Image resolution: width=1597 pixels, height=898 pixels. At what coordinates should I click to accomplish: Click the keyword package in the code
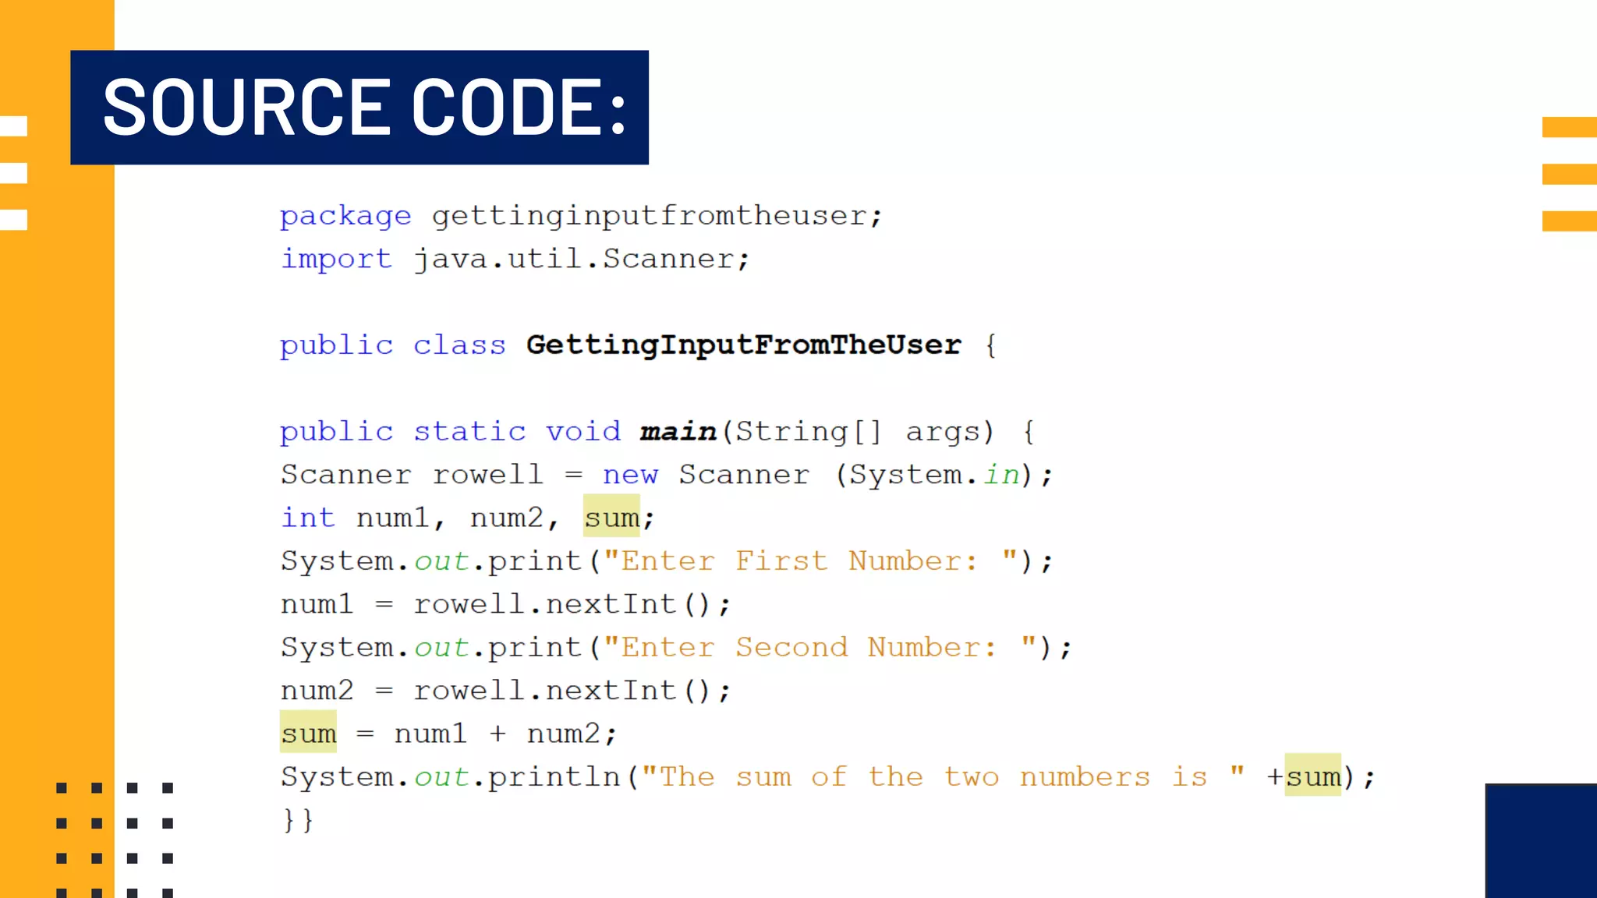[x=345, y=216]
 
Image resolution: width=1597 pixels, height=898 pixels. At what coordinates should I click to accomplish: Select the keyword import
[x=336, y=259]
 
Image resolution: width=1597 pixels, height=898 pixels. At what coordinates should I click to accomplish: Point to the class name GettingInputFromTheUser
[x=743, y=345]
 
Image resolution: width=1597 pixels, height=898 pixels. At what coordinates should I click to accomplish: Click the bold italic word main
[x=678, y=432]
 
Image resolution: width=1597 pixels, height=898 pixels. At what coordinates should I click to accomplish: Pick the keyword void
[x=583, y=432]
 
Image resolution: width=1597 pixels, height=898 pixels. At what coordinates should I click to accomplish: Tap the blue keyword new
[x=630, y=475]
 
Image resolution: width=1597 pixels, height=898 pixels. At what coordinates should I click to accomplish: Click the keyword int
[x=308, y=518]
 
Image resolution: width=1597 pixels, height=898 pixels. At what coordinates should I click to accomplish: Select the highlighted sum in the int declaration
[x=611, y=518]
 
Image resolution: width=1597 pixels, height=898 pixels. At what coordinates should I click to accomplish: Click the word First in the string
[x=781, y=561]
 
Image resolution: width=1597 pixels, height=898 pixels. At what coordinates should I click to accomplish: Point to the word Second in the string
[x=791, y=648]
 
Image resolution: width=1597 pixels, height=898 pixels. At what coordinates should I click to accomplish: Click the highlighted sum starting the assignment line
[x=309, y=734]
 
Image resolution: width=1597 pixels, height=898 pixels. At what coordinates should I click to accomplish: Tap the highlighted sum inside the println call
[x=1313, y=776]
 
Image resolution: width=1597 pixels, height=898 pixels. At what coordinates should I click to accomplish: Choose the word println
[x=554, y=777]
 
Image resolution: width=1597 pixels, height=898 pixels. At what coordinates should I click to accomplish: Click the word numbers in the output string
[x=1085, y=777]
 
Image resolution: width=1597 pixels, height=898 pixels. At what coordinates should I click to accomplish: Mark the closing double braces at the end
[x=298, y=820]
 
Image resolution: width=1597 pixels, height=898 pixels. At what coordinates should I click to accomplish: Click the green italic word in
[x=1001, y=475]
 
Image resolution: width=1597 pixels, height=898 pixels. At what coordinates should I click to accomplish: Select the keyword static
[x=469, y=432]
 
